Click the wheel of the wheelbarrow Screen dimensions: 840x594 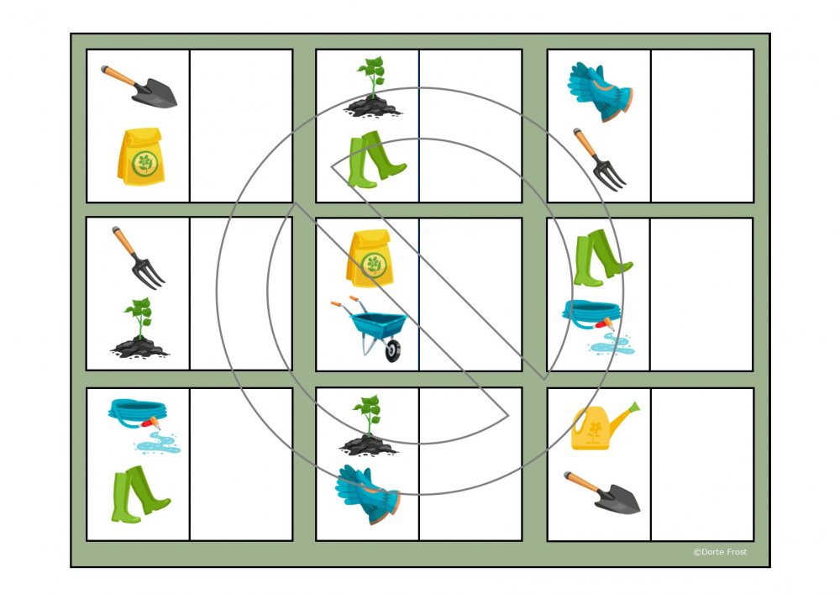[392, 350]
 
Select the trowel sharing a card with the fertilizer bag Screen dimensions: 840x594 [139, 87]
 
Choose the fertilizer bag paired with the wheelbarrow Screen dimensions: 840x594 [370, 258]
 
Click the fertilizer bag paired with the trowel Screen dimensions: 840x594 [141, 156]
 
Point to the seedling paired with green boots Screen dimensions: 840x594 [372, 87]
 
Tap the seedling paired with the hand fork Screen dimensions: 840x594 [139, 328]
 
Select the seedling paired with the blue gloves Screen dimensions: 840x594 [368, 426]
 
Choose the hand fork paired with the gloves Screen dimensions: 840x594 [600, 160]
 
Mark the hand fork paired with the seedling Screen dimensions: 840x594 [139, 258]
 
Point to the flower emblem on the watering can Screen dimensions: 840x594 [595, 432]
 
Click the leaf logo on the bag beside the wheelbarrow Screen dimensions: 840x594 [374, 265]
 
